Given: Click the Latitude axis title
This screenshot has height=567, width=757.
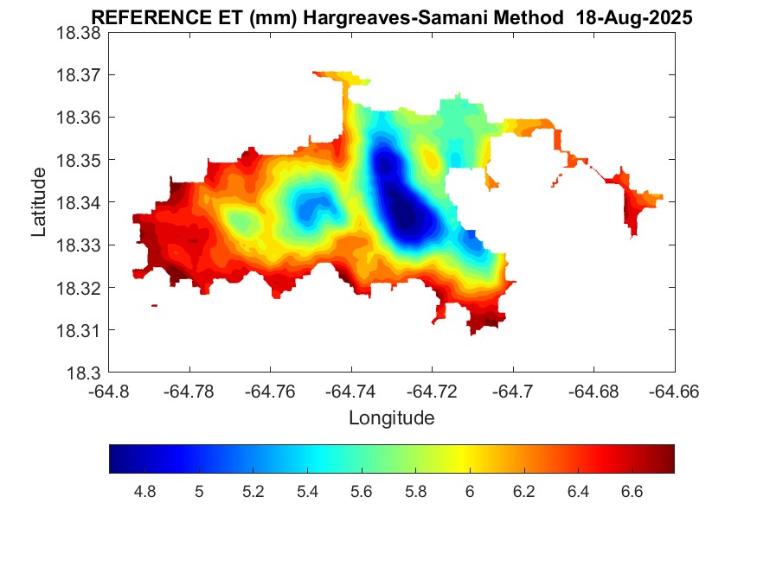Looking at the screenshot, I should [x=39, y=202].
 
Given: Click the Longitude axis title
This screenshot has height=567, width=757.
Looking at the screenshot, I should [x=391, y=418].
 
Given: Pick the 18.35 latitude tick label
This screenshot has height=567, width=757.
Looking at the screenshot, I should [x=79, y=160].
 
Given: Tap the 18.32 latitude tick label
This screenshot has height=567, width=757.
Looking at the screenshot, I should [x=79, y=288].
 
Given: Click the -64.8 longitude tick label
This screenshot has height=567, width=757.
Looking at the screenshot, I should [x=110, y=391].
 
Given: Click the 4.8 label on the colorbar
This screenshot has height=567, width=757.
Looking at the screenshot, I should [x=145, y=492].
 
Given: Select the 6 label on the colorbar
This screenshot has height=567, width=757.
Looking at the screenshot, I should [x=469, y=492].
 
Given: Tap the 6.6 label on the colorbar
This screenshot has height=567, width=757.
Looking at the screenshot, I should [x=632, y=492].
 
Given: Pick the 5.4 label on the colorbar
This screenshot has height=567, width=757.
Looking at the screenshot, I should [x=307, y=492].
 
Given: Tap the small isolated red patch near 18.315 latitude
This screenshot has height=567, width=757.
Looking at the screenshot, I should [x=154, y=305].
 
